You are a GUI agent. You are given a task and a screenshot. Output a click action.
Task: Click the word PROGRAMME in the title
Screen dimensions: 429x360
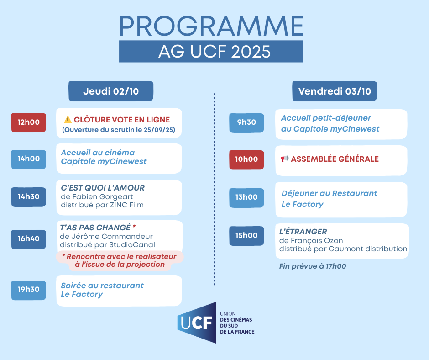tap(211, 26)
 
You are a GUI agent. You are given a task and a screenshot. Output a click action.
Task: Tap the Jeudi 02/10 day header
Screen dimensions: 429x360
tap(111, 91)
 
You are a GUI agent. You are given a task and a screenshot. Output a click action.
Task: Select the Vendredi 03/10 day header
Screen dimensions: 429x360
tap(335, 91)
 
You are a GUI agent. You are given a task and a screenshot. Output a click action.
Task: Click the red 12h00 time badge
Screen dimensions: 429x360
tap(29, 122)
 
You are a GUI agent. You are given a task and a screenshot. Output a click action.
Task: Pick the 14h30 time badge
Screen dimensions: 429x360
tap(29, 197)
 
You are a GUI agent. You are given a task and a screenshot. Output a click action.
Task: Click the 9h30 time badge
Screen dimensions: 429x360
tap(246, 123)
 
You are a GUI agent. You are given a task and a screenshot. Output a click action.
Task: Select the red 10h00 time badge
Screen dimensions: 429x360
tap(246, 160)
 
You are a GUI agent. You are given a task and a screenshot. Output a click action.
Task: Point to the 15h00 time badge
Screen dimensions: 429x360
tap(246, 236)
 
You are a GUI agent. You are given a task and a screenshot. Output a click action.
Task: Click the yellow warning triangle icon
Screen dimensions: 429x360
tap(68, 120)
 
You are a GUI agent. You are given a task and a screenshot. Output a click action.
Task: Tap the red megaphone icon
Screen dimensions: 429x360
tap(284, 159)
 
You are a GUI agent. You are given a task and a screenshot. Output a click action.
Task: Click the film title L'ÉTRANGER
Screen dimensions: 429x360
tap(303, 232)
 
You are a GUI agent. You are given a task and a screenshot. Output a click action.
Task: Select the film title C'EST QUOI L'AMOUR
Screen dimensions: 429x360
tap(103, 188)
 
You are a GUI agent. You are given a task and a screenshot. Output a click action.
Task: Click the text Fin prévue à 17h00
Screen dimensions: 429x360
tap(313, 266)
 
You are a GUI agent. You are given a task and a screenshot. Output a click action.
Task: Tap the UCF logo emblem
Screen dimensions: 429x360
tap(197, 323)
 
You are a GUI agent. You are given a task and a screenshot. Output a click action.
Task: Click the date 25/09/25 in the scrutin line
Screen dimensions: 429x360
tap(159, 130)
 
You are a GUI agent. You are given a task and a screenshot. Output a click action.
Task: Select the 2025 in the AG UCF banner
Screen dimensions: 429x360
tap(251, 52)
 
